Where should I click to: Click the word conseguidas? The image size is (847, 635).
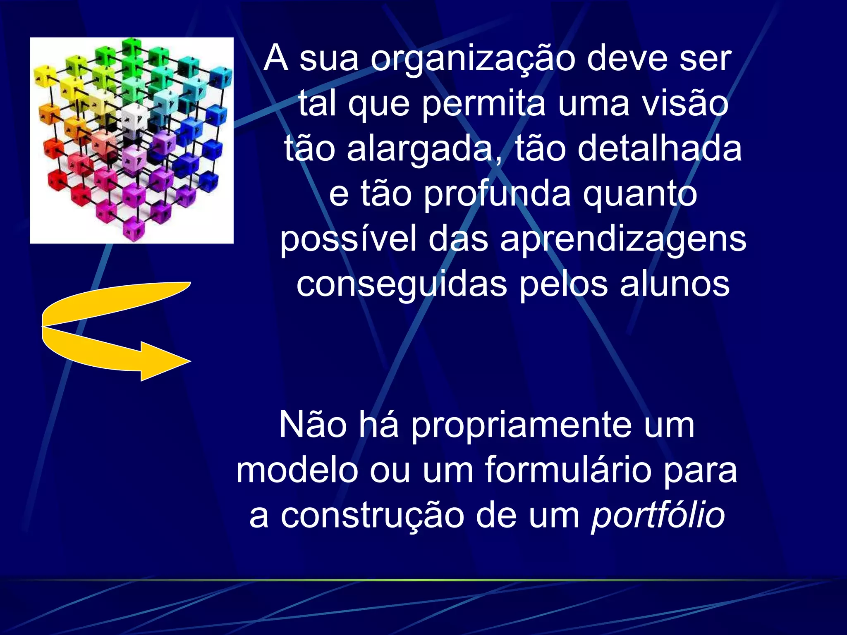tap(401, 284)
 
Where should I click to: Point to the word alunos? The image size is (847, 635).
tap(675, 284)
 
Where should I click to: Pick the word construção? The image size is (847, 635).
tap(372, 516)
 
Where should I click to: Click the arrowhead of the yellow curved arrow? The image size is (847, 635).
tap(165, 361)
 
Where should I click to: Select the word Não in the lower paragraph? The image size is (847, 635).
tap(313, 426)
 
